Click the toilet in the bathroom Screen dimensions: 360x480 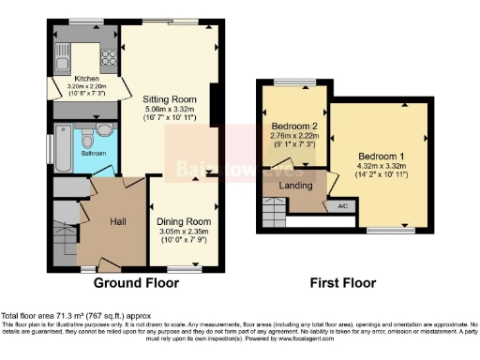(x=87, y=141)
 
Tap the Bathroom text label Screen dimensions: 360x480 (x=92, y=153)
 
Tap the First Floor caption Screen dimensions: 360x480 (x=343, y=282)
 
